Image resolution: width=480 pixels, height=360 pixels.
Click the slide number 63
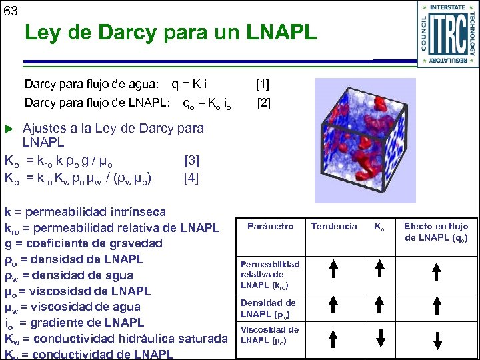(11, 11)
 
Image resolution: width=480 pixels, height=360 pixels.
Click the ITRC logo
(447, 33)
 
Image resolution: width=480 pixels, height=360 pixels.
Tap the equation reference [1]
(263, 84)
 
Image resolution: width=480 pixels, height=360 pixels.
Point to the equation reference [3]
(191, 161)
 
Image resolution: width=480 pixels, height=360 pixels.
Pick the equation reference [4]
(191, 179)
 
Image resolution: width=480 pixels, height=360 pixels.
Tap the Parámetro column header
(270, 226)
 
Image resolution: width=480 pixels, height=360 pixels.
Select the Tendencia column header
(334, 226)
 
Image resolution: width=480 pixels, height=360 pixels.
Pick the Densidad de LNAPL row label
(268, 308)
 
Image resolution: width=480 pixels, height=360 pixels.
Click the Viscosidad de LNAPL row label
(269, 335)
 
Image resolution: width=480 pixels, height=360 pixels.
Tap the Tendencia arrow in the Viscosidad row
(334, 337)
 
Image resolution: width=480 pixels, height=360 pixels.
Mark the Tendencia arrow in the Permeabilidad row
(334, 271)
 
